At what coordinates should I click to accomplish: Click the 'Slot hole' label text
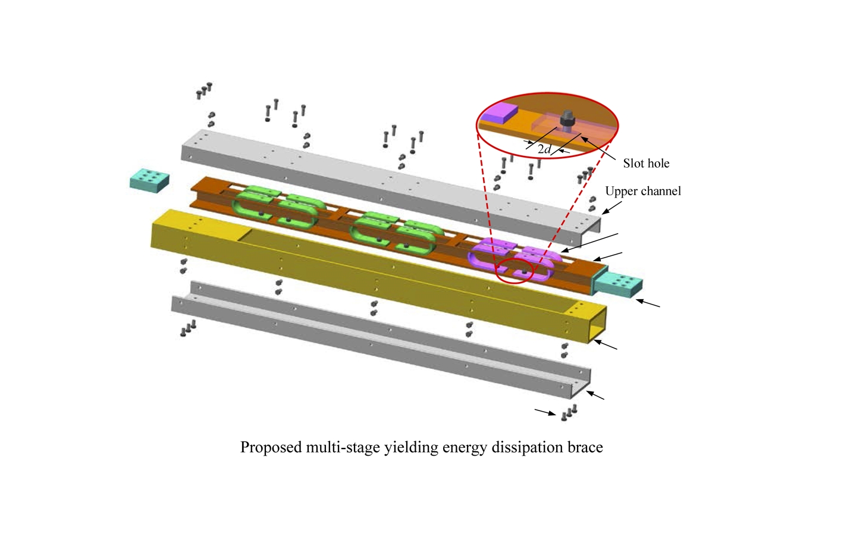646,163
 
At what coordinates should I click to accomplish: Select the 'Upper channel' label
643,191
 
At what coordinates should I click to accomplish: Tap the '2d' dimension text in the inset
544,149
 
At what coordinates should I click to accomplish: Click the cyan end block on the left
149,180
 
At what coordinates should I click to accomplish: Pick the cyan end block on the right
617,285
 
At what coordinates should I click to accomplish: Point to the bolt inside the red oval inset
567,121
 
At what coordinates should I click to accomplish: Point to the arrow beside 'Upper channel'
611,208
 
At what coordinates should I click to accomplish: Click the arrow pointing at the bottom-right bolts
545,412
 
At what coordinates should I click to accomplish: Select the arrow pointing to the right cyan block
648,303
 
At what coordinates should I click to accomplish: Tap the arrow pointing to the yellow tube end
606,344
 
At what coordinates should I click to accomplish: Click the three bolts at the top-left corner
204,90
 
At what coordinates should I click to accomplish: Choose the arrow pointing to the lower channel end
595,395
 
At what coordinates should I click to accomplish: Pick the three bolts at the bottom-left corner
188,328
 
